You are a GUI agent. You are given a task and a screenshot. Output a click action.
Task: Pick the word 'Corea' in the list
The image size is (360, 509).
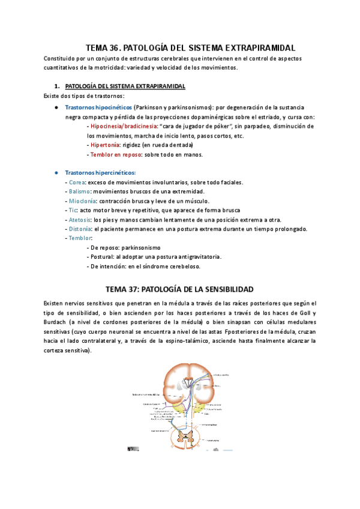77,182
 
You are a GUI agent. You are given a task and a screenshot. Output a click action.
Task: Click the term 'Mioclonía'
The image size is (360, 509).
82,201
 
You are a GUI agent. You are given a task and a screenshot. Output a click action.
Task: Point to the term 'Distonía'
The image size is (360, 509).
80,229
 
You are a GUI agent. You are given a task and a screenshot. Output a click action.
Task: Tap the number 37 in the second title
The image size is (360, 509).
132,289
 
